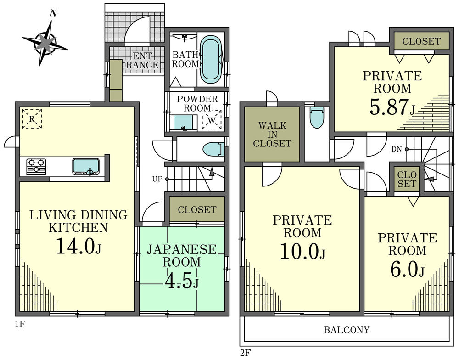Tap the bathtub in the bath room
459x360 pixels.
click(x=212, y=59)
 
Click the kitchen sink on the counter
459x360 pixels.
click(x=86, y=166)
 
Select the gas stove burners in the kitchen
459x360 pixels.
click(x=36, y=166)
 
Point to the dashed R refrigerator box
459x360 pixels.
click(x=32, y=118)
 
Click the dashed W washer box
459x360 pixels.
click(x=212, y=121)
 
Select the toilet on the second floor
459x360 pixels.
click(x=317, y=118)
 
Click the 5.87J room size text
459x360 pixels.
click(x=392, y=107)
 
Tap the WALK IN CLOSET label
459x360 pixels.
click(x=272, y=134)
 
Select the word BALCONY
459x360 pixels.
click(x=347, y=330)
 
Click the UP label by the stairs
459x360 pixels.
click(x=157, y=179)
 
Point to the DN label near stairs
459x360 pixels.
click(x=397, y=149)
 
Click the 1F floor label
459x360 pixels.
click(x=19, y=325)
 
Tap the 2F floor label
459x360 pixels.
click(x=245, y=354)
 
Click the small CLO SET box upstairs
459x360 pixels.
click(x=407, y=180)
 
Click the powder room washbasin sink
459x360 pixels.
click(x=184, y=123)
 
